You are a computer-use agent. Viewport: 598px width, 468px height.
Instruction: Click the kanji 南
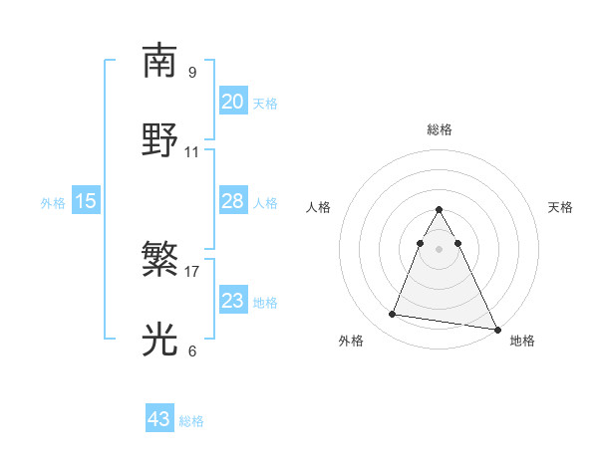pos(160,61)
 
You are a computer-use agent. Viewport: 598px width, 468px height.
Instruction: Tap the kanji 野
pos(160,140)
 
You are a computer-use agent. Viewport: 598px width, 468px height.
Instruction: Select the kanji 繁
pos(160,260)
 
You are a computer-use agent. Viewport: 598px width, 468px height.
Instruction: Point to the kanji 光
pos(160,340)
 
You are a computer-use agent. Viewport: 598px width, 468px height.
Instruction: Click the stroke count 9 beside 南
pos(191,72)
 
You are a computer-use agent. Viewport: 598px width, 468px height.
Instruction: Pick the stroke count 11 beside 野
pos(191,152)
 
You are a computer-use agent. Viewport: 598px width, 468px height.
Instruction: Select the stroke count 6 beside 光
pos(191,351)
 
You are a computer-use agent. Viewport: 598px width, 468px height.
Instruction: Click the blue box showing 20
pos(232,102)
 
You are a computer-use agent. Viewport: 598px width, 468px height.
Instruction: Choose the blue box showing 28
pos(232,201)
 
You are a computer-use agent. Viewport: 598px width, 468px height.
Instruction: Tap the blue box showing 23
pos(232,301)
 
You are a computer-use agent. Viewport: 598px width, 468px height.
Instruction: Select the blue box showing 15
pos(86,201)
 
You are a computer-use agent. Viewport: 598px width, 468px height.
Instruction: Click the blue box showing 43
pos(159,419)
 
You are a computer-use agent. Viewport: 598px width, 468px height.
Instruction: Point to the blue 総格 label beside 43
pos(191,421)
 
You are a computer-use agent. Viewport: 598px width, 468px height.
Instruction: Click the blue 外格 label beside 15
pos(53,202)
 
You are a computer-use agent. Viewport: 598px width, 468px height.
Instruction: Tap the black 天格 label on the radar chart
pos(560,207)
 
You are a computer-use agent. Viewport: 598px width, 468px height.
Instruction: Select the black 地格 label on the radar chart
pos(522,342)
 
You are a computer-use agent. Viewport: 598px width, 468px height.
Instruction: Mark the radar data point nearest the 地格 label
pos(496,329)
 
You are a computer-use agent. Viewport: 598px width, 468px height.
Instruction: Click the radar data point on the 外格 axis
pos(393,315)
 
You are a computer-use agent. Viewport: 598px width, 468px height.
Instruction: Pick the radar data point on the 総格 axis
pos(439,210)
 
